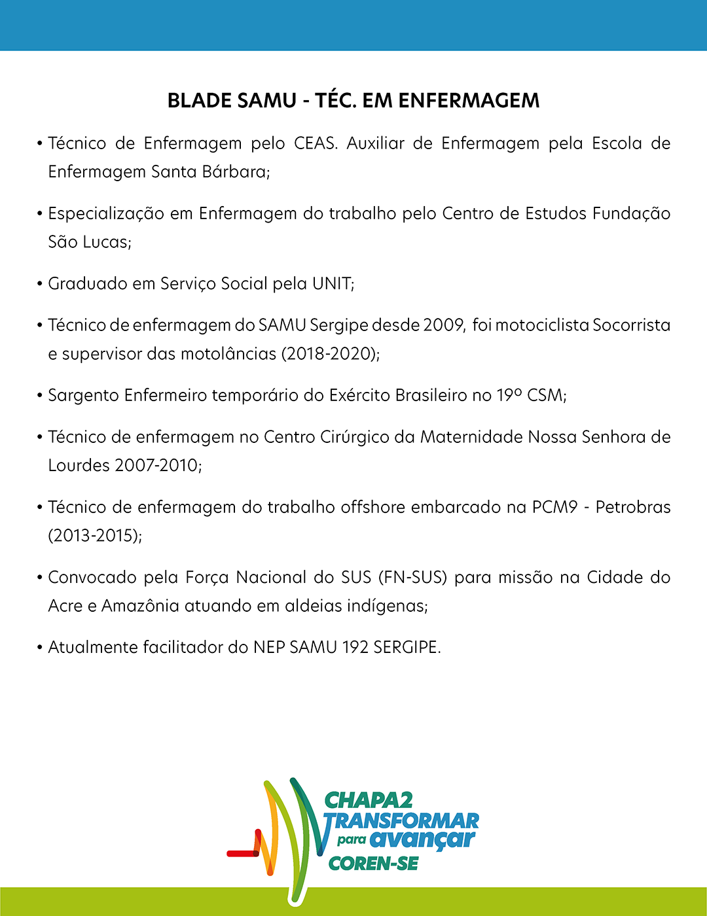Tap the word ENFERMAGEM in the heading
click(469, 101)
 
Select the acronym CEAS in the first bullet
click(315, 143)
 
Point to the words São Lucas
click(89, 242)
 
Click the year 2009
click(444, 325)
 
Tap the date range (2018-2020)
click(330, 354)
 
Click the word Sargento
click(83, 396)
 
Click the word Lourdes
click(79, 466)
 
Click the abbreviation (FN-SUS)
click(412, 578)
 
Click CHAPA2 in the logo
click(369, 800)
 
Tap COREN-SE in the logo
click(373, 864)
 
